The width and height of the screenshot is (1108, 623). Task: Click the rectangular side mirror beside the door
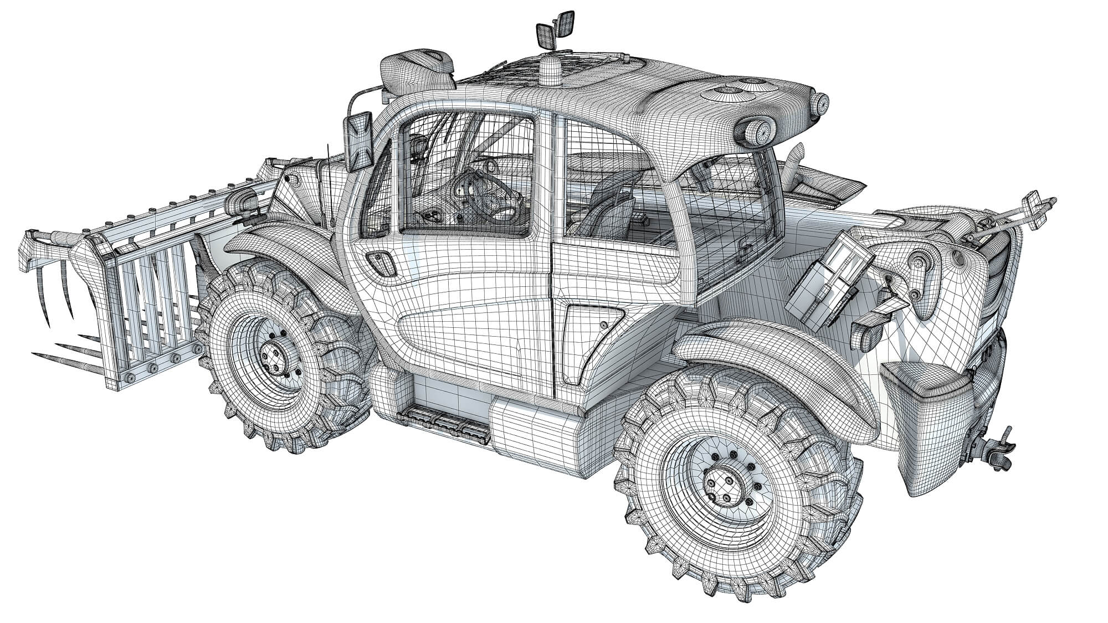pyautogui.click(x=360, y=141)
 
